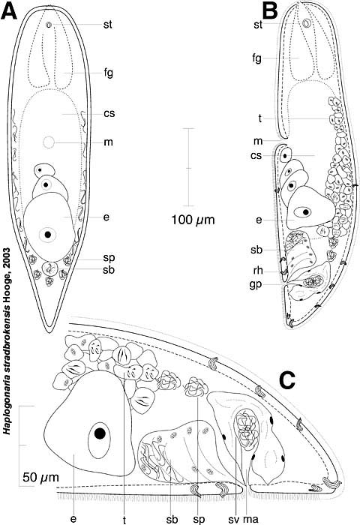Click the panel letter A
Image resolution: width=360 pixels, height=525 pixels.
[9, 12]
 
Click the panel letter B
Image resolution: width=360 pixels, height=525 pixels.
[269, 12]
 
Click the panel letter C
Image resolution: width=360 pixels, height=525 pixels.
[287, 381]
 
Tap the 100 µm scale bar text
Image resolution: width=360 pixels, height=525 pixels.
[193, 220]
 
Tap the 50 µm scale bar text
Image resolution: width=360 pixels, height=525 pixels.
[40, 477]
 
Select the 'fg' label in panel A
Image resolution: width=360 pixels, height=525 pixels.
[108, 73]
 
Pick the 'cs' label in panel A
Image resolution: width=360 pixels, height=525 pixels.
[109, 113]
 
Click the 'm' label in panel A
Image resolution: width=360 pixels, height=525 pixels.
[108, 142]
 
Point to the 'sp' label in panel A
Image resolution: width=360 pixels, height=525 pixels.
[109, 258]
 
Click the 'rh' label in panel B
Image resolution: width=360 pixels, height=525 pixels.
[258, 270]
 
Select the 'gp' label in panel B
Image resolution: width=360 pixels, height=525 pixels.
[257, 285]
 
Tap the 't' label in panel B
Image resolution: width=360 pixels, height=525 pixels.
[259, 118]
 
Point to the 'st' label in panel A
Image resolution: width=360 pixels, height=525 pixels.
[108, 25]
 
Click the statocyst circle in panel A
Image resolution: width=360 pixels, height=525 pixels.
[49, 25]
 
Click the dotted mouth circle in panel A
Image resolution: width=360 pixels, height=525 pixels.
[49, 143]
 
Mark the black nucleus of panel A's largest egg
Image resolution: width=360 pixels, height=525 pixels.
[48, 235]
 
